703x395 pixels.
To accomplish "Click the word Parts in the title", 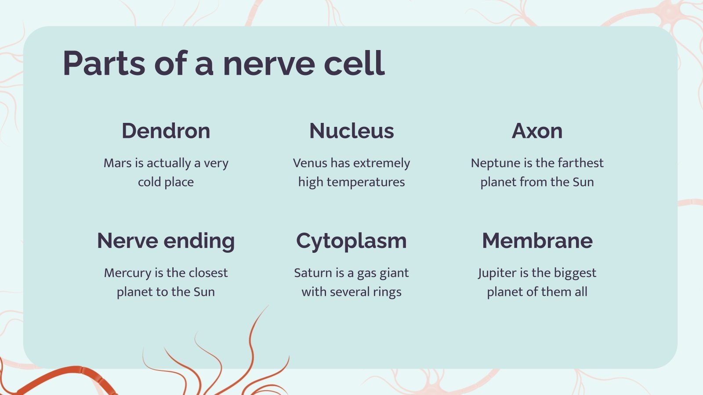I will [104, 64].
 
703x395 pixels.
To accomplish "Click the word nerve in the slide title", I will [268, 64].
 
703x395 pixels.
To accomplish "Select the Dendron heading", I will [166, 131].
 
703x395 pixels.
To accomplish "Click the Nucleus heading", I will [351, 131].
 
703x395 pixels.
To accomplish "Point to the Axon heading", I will [537, 131].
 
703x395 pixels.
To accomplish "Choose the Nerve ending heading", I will [166, 241].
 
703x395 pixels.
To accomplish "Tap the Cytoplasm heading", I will [351, 241].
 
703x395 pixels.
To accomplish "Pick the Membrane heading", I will [537, 241].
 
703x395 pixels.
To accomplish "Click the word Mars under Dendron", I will [117, 163].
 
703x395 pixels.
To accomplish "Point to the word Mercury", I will [127, 273].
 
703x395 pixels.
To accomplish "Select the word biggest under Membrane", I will [575, 273].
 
